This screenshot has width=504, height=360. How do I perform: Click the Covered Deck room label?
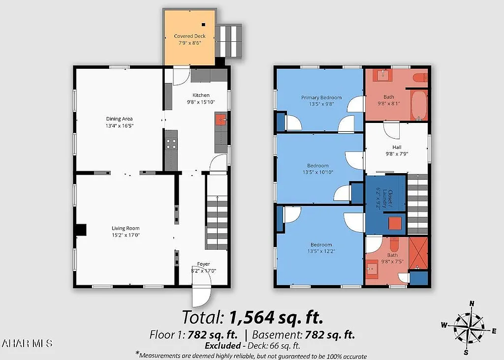(189, 36)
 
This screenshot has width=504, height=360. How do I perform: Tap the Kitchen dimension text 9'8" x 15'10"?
(201, 102)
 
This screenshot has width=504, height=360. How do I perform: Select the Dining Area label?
(119, 119)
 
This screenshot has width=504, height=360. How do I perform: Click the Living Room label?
(126, 228)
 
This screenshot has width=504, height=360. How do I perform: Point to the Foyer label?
(203, 264)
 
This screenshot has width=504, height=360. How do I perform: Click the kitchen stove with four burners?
(171, 144)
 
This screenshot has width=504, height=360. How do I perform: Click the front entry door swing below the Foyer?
(201, 296)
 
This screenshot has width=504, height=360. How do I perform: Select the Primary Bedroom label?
(321, 97)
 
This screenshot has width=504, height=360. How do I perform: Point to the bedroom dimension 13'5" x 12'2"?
(320, 251)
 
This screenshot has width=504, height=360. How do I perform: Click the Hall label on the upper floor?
(397, 147)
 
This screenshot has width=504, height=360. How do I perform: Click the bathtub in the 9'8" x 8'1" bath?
(419, 104)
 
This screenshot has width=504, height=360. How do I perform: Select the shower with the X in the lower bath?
(418, 253)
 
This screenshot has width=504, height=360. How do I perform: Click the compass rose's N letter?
(472, 303)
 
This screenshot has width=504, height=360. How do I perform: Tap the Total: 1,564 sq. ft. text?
(252, 317)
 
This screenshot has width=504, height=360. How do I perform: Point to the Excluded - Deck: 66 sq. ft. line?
(252, 346)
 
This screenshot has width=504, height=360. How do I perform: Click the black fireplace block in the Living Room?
(81, 230)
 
